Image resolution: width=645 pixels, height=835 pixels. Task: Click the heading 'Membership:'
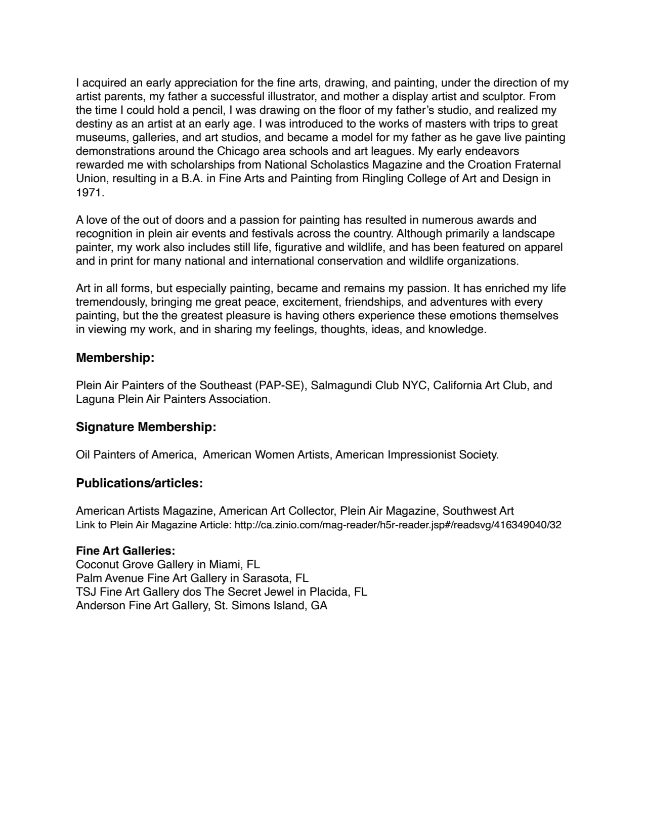pos(115,358)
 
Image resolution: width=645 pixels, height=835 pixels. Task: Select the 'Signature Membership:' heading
pos(146,427)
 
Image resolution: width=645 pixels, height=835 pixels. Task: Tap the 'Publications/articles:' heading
pos(139,483)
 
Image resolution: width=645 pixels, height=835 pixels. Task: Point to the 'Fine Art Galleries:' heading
pos(125,551)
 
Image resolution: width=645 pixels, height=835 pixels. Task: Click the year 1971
pos(89,192)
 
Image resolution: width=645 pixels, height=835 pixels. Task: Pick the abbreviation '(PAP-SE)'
pos(281,386)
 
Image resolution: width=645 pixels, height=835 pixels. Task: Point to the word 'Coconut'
pos(97,564)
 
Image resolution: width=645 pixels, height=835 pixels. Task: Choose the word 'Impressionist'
pos(421,455)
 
